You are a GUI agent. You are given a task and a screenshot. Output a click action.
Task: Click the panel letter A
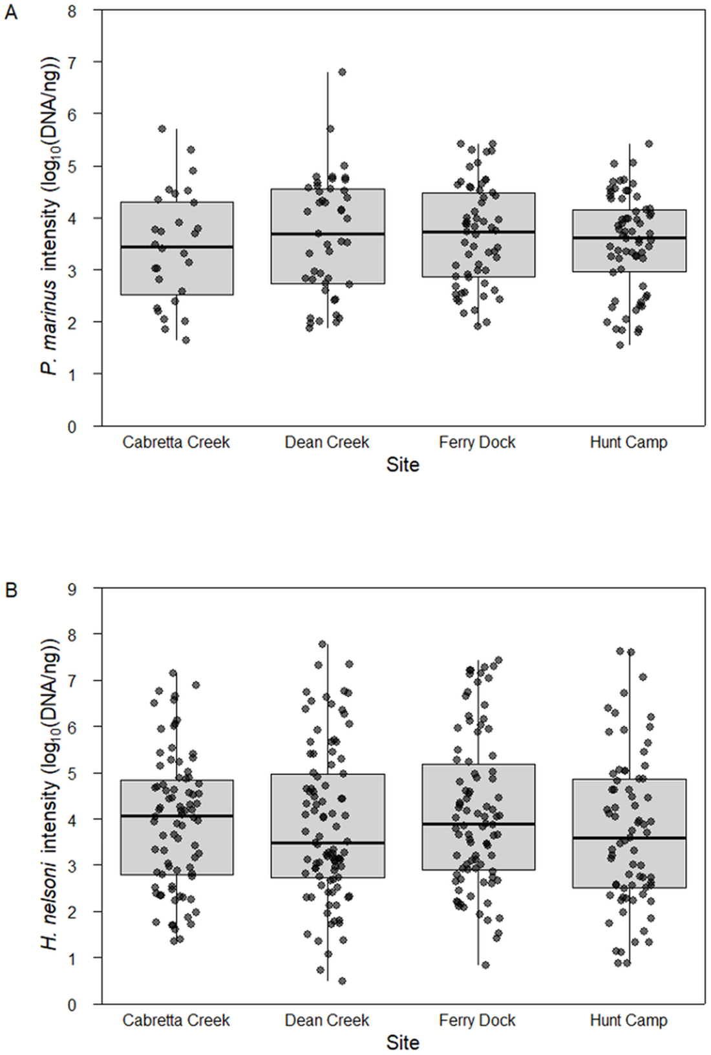(10, 12)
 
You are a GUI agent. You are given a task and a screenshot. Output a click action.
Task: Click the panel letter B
(10, 591)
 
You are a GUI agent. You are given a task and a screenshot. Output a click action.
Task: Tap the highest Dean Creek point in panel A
(342, 72)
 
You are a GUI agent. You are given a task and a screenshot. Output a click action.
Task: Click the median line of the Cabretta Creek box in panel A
(176, 246)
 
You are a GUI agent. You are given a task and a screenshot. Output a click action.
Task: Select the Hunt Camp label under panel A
(628, 443)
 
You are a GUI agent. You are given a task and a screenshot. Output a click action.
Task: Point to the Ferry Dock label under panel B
(477, 1021)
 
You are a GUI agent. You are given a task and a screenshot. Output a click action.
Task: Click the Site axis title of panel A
(402, 465)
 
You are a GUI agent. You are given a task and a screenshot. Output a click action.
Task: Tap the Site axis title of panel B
(402, 1043)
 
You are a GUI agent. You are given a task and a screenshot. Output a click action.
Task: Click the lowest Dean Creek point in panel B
(342, 981)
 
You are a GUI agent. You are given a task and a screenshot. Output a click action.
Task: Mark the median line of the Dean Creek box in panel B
(328, 843)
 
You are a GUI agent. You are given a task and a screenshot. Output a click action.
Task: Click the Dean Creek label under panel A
(326, 443)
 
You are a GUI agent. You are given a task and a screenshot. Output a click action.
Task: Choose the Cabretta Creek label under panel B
(176, 1021)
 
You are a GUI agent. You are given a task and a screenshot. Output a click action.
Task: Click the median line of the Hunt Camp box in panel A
(629, 237)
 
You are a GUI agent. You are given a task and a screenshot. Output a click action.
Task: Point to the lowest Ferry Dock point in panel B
(485, 964)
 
